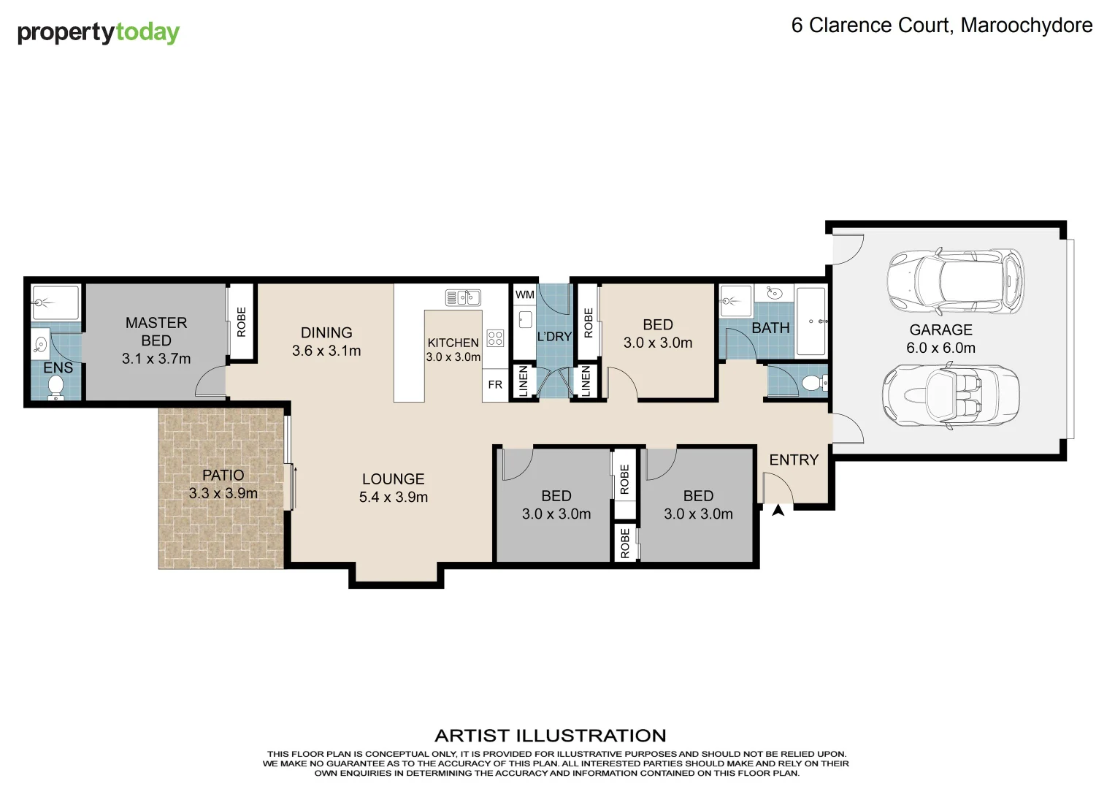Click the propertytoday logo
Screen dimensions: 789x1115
pos(98,33)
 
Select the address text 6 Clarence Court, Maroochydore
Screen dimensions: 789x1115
pos(941,26)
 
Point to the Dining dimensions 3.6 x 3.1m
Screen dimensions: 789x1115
pos(326,351)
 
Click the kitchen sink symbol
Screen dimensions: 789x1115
pos(462,297)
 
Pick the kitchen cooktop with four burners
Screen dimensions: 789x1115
pos(495,338)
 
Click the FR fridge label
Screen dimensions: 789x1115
pos(495,385)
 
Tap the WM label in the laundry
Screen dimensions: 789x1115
pos(524,295)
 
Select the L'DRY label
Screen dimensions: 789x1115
pos(554,337)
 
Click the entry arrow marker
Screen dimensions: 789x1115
pos(778,511)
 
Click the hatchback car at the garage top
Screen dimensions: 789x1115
pos(955,281)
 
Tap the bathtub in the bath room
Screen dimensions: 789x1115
pos(811,321)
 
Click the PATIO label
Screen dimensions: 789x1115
pos(223,475)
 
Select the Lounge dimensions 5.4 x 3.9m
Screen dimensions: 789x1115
pos(393,498)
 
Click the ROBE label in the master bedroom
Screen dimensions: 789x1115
pos(242,321)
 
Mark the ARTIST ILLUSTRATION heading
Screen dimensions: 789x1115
pos(550,736)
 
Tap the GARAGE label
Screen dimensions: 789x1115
pos(940,330)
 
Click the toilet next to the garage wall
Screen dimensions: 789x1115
pos(813,382)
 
